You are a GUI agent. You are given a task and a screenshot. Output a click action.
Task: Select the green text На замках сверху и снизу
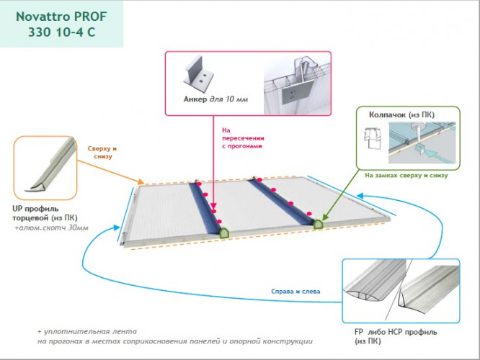[406, 174]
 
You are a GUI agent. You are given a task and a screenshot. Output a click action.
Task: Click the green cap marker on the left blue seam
[224, 233]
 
